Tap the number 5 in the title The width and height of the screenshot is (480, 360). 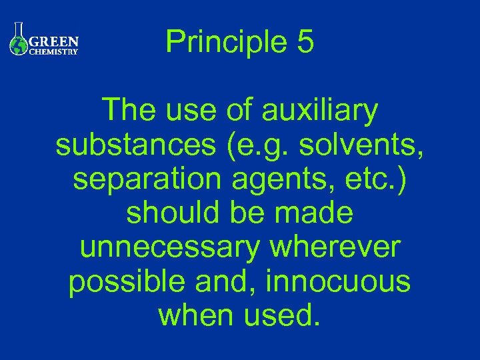pyautogui.click(x=303, y=41)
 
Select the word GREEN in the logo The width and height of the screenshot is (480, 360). pyautogui.click(x=55, y=40)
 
